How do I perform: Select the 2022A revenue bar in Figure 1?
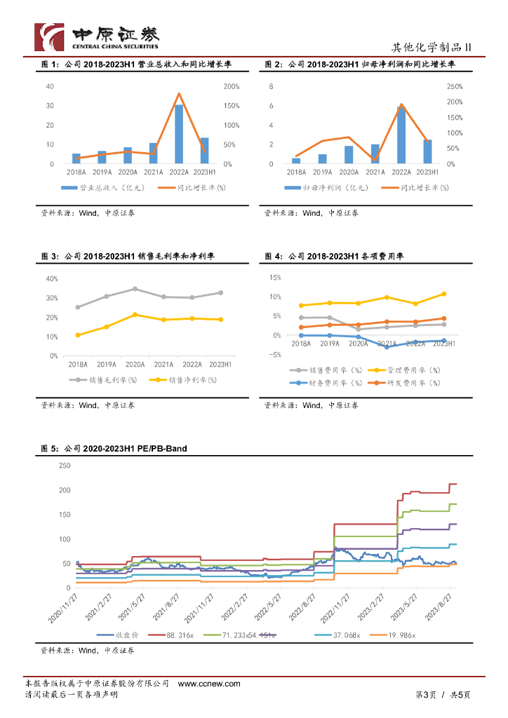coord(179,134)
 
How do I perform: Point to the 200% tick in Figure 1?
coord(231,86)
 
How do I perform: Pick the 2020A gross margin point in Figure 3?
coord(135,289)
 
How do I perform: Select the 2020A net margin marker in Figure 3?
coord(135,315)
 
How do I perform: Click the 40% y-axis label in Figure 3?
coord(51,278)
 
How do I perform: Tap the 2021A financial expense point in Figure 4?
coord(387,346)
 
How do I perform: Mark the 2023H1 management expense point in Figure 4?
coord(443,294)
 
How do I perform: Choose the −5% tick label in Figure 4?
coord(275,355)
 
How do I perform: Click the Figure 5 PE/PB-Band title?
coord(114,448)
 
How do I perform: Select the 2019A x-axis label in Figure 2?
coord(322,172)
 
